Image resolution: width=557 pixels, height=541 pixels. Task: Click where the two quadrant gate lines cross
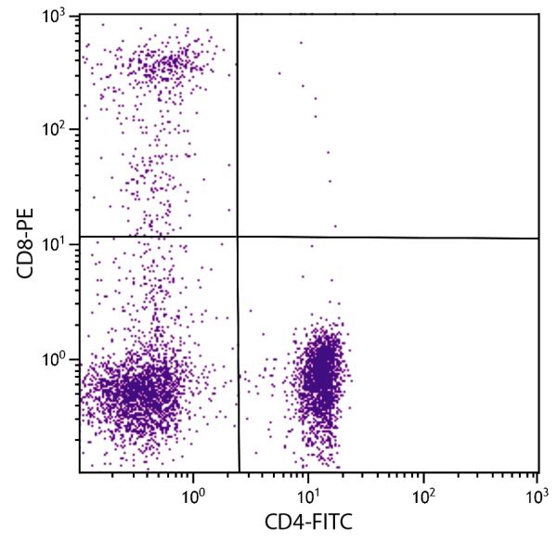tap(238, 237)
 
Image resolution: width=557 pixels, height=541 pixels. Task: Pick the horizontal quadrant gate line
tap(390, 238)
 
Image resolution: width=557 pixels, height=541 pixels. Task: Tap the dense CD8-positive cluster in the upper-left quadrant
tap(167, 65)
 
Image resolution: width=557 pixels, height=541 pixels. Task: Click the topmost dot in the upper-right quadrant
tap(300, 42)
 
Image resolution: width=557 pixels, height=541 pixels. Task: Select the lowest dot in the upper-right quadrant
tap(335, 225)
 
